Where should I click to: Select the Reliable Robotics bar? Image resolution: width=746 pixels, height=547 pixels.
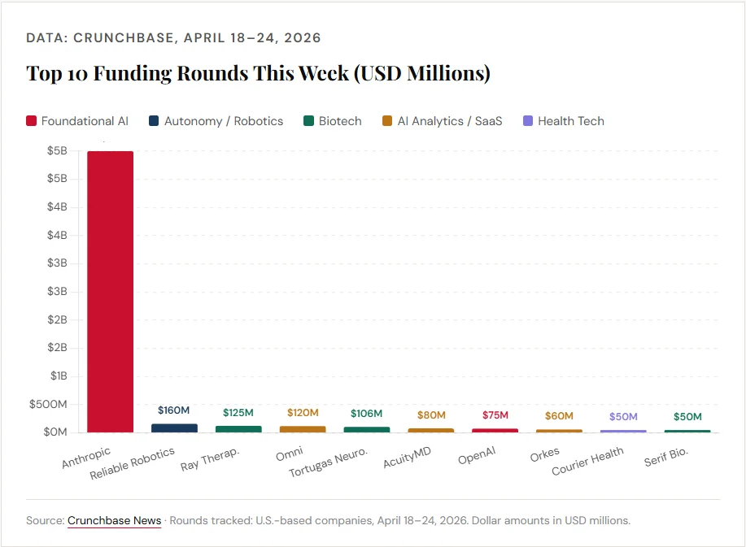pyautogui.click(x=174, y=428)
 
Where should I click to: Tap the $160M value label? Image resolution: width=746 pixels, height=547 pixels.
pyautogui.click(x=174, y=410)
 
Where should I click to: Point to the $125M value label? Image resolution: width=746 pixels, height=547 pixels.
pyautogui.click(x=238, y=413)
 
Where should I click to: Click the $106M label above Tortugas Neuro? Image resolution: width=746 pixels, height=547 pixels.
pyautogui.click(x=366, y=414)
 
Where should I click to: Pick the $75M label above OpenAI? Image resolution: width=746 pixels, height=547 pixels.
pyautogui.click(x=494, y=415)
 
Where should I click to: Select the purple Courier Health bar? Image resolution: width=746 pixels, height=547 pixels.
pyautogui.click(x=623, y=431)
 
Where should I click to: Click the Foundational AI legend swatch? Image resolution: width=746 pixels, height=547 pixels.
pyautogui.click(x=32, y=121)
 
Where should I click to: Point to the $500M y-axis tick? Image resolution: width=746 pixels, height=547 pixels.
pyautogui.click(x=48, y=404)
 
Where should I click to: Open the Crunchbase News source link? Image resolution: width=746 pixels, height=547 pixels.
pyautogui.click(x=114, y=520)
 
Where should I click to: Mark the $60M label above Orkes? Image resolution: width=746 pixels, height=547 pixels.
pyautogui.click(x=558, y=416)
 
